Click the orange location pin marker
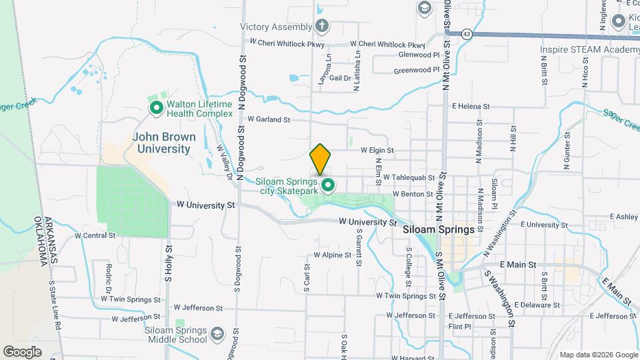(x=320, y=159)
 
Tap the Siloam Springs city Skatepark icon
(x=327, y=185)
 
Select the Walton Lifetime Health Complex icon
(x=157, y=108)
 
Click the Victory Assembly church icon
(x=322, y=27)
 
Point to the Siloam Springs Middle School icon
(x=217, y=333)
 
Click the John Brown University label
(x=164, y=143)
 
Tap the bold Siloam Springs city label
(x=439, y=229)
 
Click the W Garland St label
(x=269, y=120)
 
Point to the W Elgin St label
(x=377, y=151)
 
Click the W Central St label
(x=95, y=235)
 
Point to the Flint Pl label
(x=460, y=327)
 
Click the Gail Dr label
(x=340, y=78)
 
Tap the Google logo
(x=22, y=351)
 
